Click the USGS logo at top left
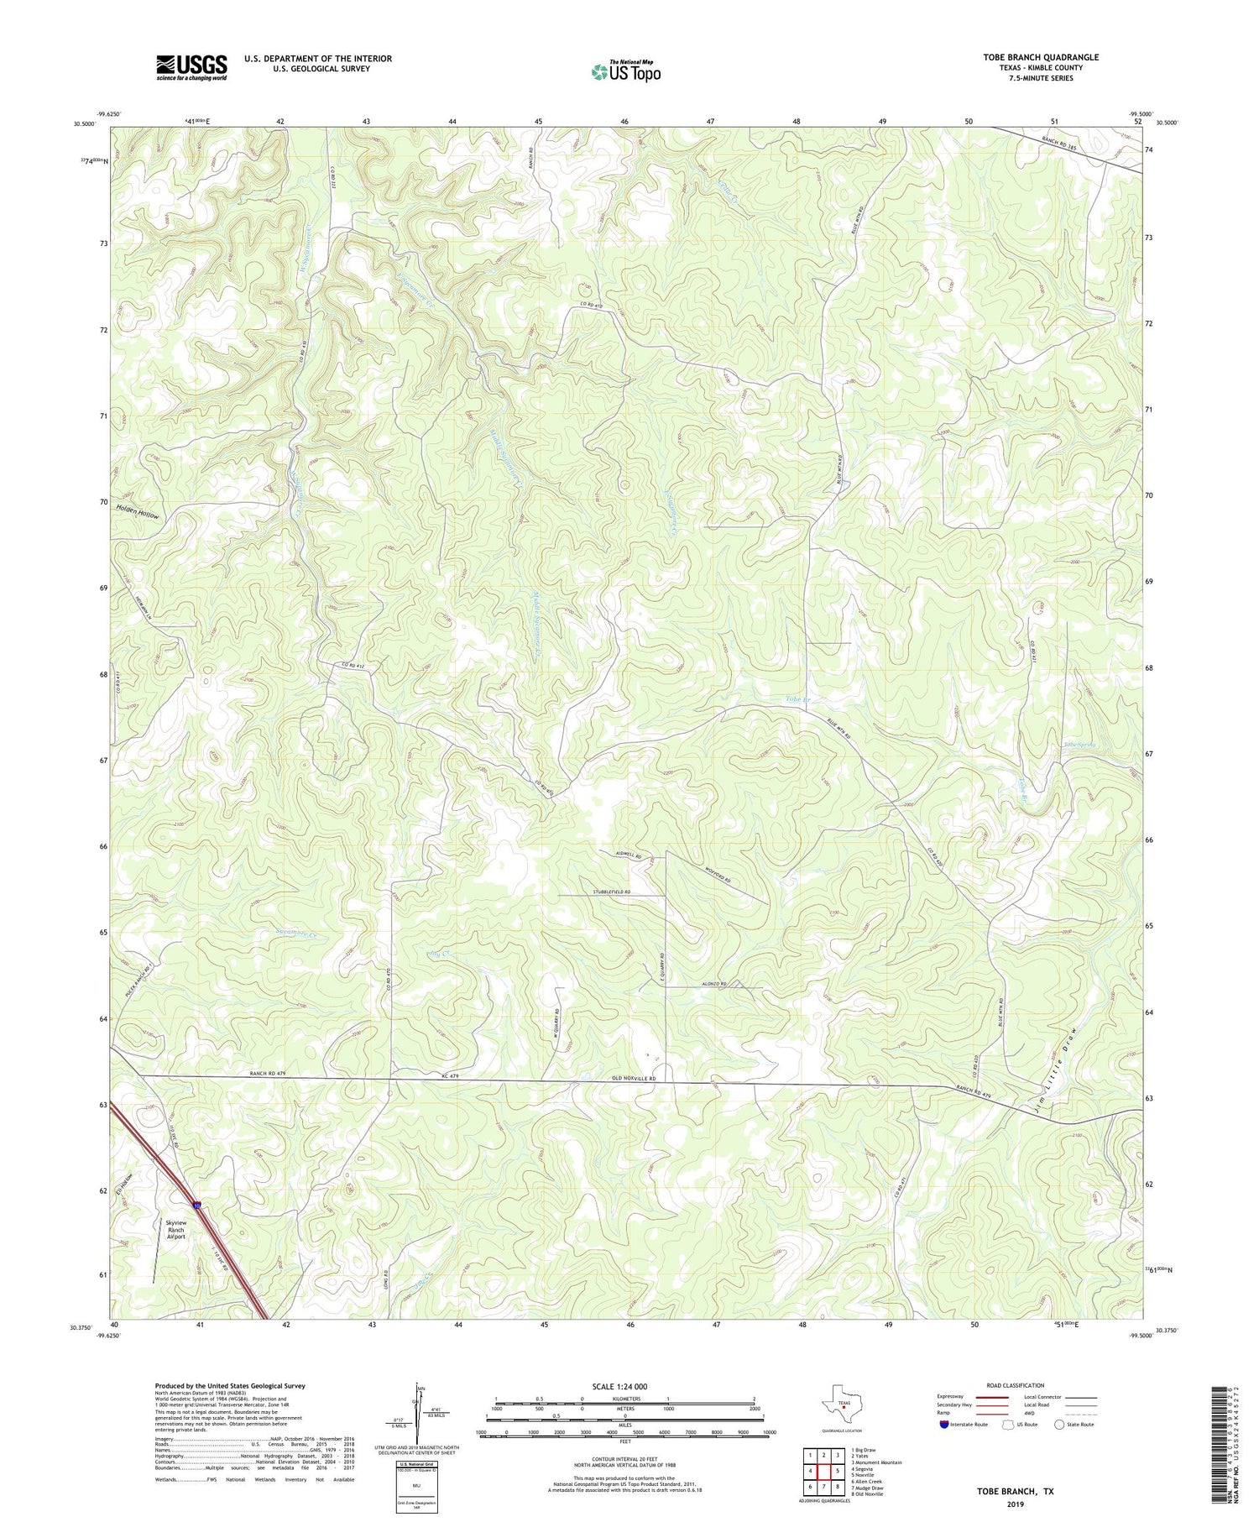191,67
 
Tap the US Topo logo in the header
625,72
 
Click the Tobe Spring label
1080,744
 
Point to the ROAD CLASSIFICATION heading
1016,1385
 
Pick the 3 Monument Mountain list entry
877,1462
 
